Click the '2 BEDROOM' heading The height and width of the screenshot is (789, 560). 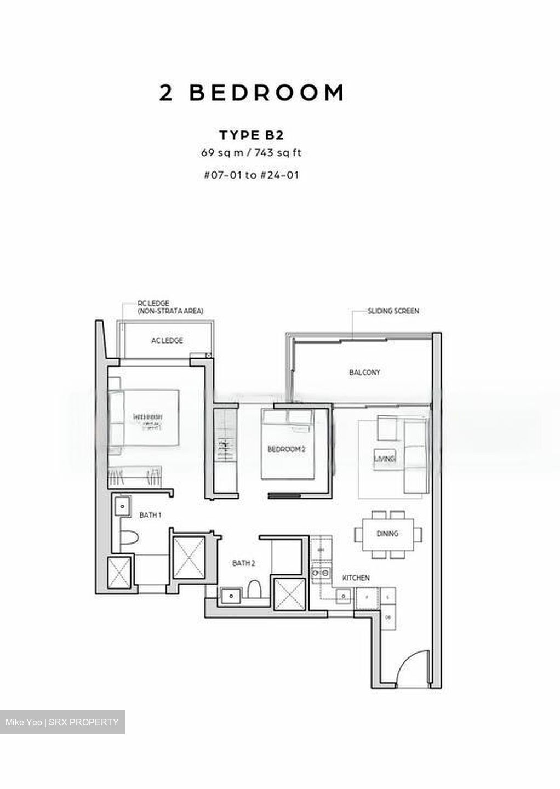pyautogui.click(x=252, y=93)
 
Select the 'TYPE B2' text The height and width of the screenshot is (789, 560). pyautogui.click(x=251, y=135)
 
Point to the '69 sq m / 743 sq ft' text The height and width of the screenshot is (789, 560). pyautogui.click(x=251, y=153)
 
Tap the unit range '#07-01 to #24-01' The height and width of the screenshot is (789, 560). pyautogui.click(x=251, y=175)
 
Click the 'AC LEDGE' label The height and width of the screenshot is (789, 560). pyautogui.click(x=167, y=341)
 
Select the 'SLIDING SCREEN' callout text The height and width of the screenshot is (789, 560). pyautogui.click(x=393, y=311)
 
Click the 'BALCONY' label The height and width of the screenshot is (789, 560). pyautogui.click(x=364, y=373)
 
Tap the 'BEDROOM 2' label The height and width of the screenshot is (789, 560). pyautogui.click(x=286, y=449)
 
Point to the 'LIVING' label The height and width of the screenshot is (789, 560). pyautogui.click(x=385, y=459)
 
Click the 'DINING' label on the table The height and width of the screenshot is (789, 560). pyautogui.click(x=387, y=534)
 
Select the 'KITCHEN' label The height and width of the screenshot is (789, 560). pyautogui.click(x=356, y=578)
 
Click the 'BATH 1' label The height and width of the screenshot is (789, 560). pyautogui.click(x=150, y=515)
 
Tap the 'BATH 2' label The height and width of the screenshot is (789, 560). pyautogui.click(x=243, y=563)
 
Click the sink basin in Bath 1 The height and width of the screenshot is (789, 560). pyautogui.click(x=122, y=506)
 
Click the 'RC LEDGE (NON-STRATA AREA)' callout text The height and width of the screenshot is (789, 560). pyautogui.click(x=170, y=307)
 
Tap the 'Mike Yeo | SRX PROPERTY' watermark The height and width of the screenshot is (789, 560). pyautogui.click(x=62, y=722)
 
